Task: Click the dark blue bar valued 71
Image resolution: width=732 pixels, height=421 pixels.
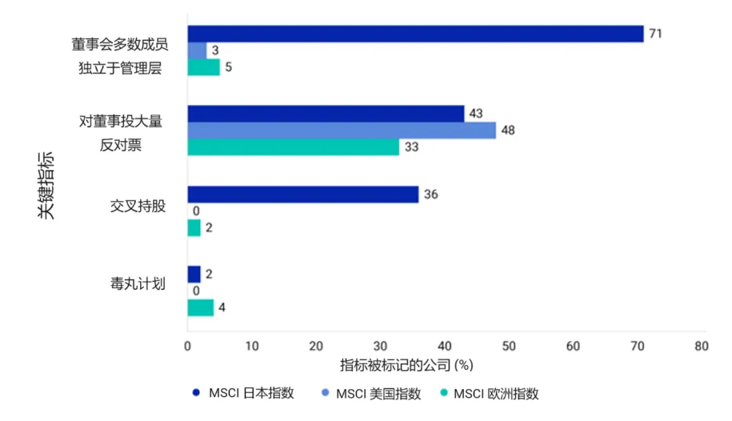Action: pyautogui.click(x=415, y=34)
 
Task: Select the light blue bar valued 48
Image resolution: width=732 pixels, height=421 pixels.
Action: pyautogui.click(x=342, y=130)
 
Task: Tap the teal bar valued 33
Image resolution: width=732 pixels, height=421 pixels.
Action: pyautogui.click(x=293, y=147)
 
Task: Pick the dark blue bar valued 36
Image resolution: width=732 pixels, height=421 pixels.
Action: pyautogui.click(x=303, y=194)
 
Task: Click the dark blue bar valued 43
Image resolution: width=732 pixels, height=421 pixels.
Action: pyautogui.click(x=326, y=114)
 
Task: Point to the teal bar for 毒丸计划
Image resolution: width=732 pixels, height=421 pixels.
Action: pyautogui.click(x=201, y=307)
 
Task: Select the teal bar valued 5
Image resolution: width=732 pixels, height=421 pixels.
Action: pyautogui.click(x=204, y=67)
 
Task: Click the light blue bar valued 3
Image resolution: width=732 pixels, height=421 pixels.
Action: pyautogui.click(x=198, y=50)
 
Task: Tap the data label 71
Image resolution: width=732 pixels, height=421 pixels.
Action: pyautogui.click(x=656, y=34)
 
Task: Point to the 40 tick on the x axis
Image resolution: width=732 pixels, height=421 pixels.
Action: pyautogui.click(x=445, y=347)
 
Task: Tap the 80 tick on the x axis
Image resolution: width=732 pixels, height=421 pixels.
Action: pyautogui.click(x=702, y=347)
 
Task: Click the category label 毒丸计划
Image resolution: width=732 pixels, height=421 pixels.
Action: pyautogui.click(x=138, y=283)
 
